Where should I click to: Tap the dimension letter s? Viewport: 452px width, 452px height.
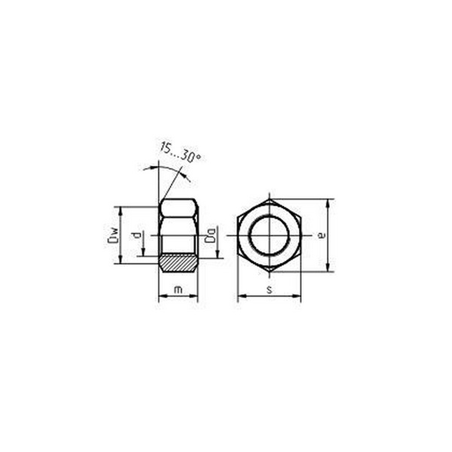(x=269, y=290)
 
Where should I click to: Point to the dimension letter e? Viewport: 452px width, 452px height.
(x=320, y=235)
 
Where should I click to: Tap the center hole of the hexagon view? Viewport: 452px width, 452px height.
(x=269, y=235)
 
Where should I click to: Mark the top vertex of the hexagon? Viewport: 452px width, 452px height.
(x=269, y=199)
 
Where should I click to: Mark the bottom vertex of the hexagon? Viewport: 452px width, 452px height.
(x=269, y=272)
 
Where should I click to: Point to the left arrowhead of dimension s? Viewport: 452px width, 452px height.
(x=241, y=297)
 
